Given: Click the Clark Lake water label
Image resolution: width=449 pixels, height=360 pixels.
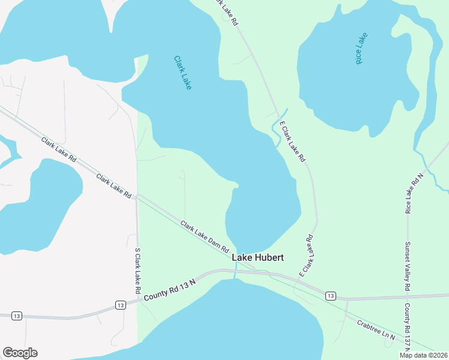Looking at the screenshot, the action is point(182,73).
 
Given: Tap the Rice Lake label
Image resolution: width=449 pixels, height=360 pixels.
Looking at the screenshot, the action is point(361,48).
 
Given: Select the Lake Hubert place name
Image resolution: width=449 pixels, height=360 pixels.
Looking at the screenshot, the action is point(258,257).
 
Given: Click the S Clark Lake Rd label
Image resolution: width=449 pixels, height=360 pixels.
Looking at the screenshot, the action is point(137,271).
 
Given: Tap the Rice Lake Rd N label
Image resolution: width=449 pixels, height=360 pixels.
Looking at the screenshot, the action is point(414,193).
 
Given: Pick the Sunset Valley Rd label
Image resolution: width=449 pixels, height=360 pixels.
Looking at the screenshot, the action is point(407,266).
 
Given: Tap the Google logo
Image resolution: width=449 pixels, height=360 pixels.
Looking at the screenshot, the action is point(20,353).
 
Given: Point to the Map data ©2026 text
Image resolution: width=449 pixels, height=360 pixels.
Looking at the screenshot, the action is point(424,355).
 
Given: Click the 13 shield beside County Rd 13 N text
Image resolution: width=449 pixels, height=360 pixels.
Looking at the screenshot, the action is point(121,305).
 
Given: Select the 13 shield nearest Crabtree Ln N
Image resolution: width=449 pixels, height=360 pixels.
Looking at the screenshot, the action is point(330,296).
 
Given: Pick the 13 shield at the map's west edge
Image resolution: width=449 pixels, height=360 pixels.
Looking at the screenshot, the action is point(16,316).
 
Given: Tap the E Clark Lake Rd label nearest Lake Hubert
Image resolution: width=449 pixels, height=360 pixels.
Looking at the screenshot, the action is point(306,256).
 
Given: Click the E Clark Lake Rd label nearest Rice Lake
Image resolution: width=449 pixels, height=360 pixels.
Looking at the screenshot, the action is point(294,145).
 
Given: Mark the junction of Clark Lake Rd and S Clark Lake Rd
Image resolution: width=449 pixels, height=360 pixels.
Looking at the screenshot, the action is point(137,196).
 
